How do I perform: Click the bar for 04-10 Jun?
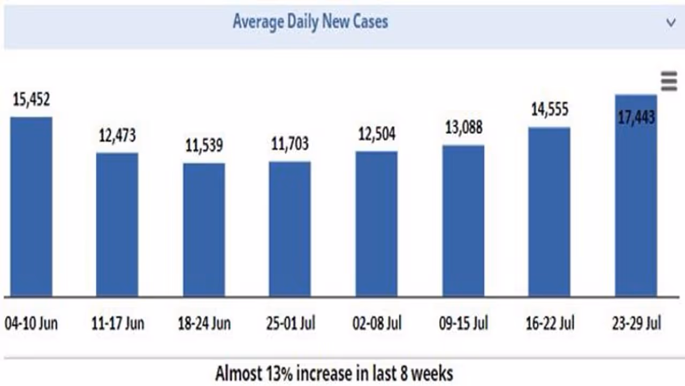31,206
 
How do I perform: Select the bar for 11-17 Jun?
117,224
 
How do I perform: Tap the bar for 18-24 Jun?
204,229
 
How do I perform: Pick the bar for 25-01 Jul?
290,228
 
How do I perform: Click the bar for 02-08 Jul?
376,223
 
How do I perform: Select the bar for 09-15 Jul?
463,220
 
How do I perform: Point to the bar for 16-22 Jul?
549,211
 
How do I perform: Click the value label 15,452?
31,99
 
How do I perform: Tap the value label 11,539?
204,145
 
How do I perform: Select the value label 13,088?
463,128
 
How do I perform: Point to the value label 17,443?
636,118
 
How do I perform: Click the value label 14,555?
550,110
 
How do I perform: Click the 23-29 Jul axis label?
636,323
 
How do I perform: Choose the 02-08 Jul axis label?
377,323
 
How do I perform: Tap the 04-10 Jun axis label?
31,323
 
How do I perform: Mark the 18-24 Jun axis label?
204,323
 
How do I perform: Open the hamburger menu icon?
669,82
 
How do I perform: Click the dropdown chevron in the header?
671,23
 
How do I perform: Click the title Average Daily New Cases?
310,22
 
